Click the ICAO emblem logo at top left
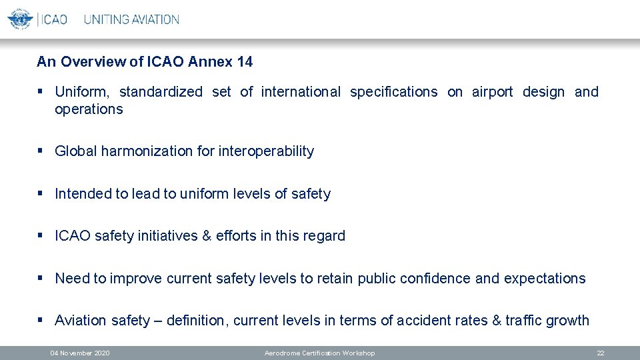pyautogui.click(x=20, y=19)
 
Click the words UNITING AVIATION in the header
pyautogui.click(x=131, y=20)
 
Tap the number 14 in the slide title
pyautogui.click(x=245, y=62)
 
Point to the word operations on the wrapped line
pyautogui.click(x=89, y=109)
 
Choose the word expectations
pyautogui.click(x=545, y=279)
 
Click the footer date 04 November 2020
pyautogui.click(x=80, y=353)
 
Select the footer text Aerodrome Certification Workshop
pyautogui.click(x=319, y=353)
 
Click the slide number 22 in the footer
pyautogui.click(x=600, y=353)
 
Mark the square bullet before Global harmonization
pyautogui.click(x=41, y=151)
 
